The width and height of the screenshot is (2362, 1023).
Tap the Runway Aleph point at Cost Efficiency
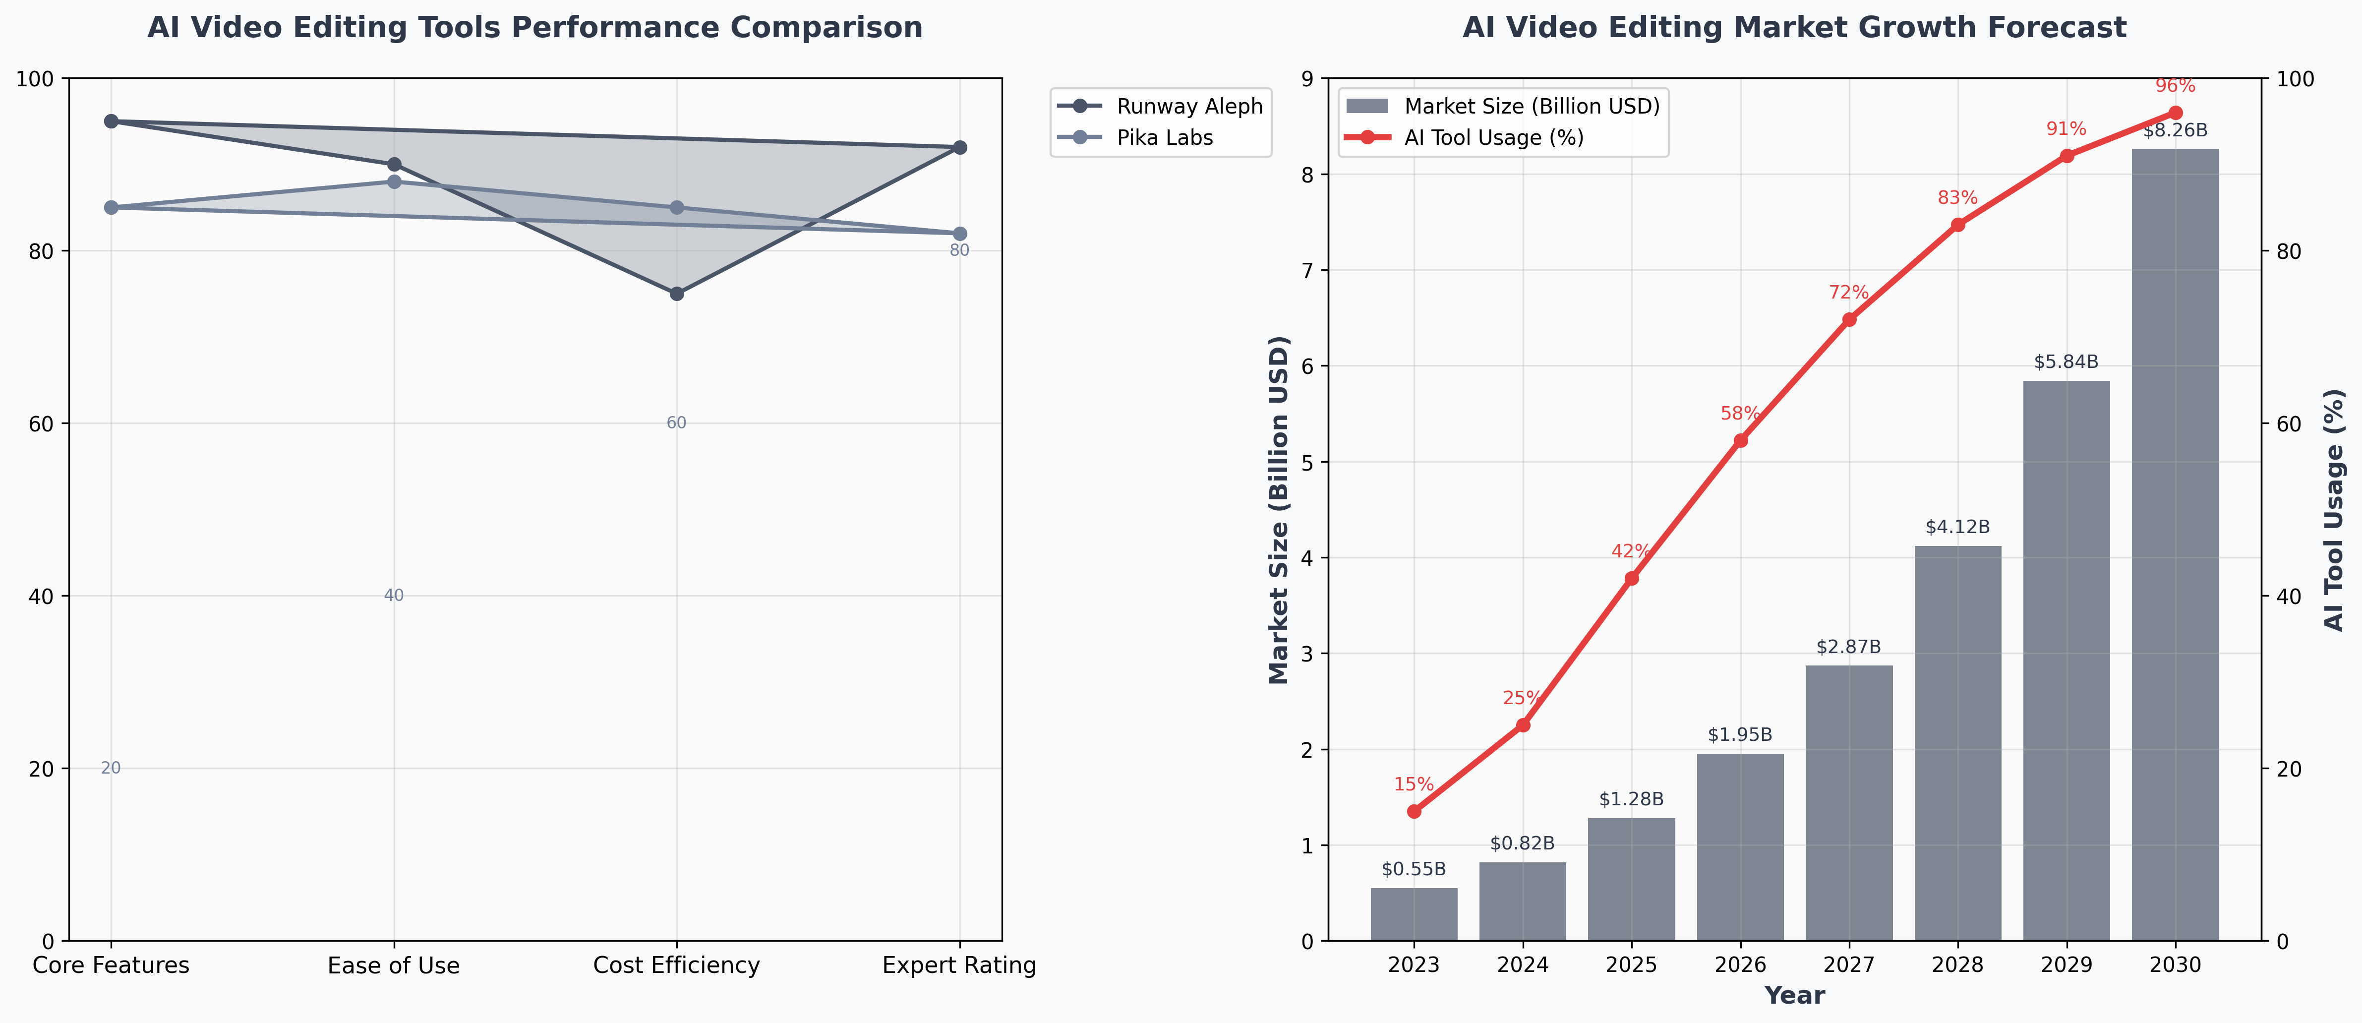[x=677, y=294]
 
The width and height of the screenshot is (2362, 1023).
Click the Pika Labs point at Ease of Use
[x=394, y=181]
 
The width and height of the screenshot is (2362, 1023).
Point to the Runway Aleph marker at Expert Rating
[x=960, y=148]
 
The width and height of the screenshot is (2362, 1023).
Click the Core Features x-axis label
[x=111, y=965]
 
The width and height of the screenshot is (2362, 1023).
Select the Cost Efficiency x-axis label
[x=677, y=965]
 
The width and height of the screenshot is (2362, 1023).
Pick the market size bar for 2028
[x=1957, y=742]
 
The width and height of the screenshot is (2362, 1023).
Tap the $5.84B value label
[x=2066, y=362]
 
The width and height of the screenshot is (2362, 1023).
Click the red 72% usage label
[x=1848, y=293]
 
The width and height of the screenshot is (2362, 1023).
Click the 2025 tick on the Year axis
[x=1631, y=965]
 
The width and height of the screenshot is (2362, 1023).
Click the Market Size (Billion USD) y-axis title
[x=1279, y=510]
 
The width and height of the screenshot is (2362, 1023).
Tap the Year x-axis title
[x=1794, y=996]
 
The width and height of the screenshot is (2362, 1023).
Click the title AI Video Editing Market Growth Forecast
[x=1794, y=27]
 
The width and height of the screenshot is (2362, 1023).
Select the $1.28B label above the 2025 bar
[x=1631, y=799]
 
